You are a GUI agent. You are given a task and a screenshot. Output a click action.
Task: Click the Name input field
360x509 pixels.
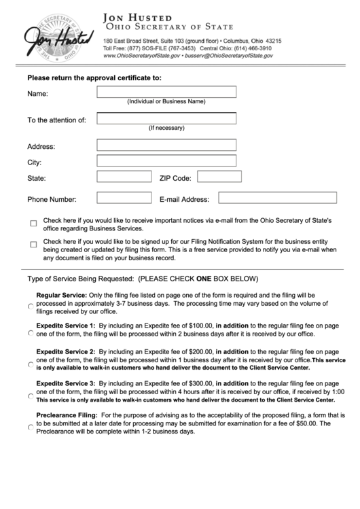166,92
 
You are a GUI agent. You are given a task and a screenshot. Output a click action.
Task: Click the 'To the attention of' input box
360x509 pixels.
166,119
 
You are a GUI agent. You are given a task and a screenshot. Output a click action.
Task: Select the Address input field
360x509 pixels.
166,145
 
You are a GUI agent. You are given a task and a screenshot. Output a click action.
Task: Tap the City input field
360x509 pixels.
166,161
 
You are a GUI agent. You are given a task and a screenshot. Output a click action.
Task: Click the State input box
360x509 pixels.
124,177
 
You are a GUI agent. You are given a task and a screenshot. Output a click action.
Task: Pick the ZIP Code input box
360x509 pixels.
219,177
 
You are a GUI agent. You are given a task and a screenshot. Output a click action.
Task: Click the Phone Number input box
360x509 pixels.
124,198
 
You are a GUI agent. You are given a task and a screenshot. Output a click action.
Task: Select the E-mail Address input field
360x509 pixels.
277,198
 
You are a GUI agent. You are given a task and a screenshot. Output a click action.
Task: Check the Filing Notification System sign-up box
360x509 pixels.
33,245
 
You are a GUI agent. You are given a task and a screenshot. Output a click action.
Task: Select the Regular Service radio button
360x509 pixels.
31,307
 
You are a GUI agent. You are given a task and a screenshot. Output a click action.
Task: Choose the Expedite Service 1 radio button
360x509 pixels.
31,334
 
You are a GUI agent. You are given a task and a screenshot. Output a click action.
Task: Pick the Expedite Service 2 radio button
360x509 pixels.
31,364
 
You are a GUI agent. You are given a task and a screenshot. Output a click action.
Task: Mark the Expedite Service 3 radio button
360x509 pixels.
31,396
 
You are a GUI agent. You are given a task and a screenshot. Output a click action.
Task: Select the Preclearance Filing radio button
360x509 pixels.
31,427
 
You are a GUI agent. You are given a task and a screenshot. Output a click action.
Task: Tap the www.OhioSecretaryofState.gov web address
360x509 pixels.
141,56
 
